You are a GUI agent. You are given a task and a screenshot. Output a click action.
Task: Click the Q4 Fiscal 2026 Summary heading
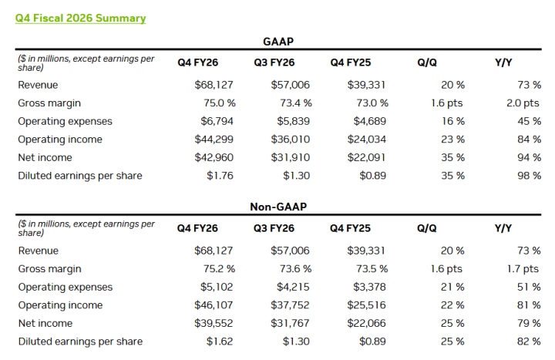coord(80,18)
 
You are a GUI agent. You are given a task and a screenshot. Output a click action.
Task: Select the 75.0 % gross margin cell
coord(215,103)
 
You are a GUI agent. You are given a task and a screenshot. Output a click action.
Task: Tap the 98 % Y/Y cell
coord(530,176)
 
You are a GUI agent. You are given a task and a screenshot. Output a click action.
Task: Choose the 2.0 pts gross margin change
coord(523,103)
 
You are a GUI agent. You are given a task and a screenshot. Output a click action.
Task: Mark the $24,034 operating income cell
coord(368,140)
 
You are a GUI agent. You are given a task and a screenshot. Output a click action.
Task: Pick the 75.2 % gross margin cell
coord(215,268)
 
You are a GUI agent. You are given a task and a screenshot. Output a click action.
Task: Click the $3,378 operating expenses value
coord(372,287)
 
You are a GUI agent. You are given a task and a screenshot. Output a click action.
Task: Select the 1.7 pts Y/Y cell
coord(523,268)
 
